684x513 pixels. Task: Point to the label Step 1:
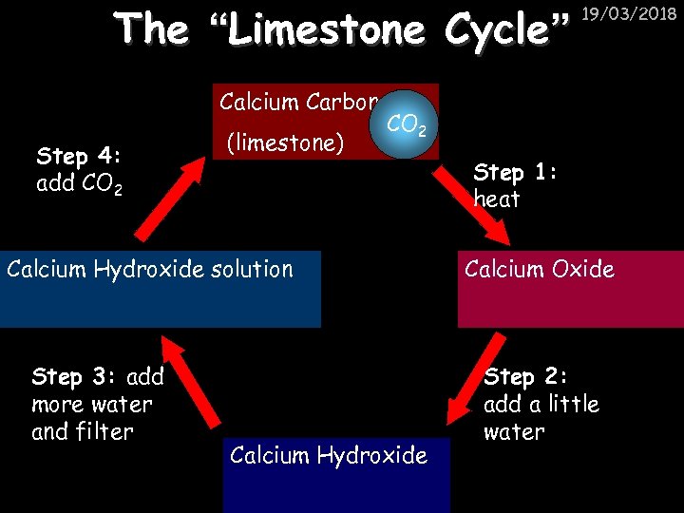click(519, 172)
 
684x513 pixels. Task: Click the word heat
click(496, 199)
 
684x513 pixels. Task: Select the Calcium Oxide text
click(539, 269)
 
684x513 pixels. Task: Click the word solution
click(247, 269)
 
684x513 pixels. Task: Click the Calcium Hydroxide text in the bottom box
click(328, 455)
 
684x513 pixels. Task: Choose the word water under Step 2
click(514, 432)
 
